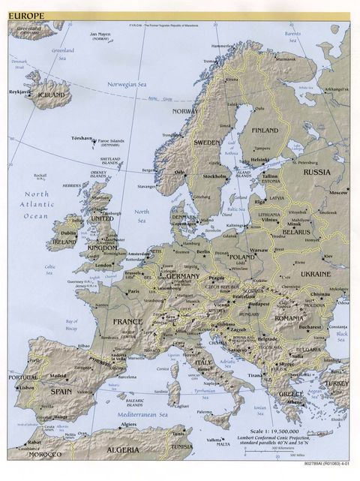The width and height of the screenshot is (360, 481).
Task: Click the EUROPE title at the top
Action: click(x=26, y=15)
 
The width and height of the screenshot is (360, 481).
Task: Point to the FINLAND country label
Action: click(x=264, y=130)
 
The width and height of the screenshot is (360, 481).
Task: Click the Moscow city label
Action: click(x=338, y=193)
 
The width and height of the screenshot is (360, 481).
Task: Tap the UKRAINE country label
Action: click(x=314, y=274)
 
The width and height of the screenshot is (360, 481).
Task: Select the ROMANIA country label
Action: click(x=288, y=318)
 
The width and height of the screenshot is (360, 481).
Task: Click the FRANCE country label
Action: click(x=127, y=321)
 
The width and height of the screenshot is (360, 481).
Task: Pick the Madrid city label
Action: click(x=58, y=376)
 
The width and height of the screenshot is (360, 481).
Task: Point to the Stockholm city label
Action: click(x=214, y=176)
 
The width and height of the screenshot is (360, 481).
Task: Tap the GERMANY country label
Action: click(x=182, y=276)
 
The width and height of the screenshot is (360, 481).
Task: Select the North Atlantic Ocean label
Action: click(x=35, y=205)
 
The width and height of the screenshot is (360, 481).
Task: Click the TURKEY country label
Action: click(x=336, y=383)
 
